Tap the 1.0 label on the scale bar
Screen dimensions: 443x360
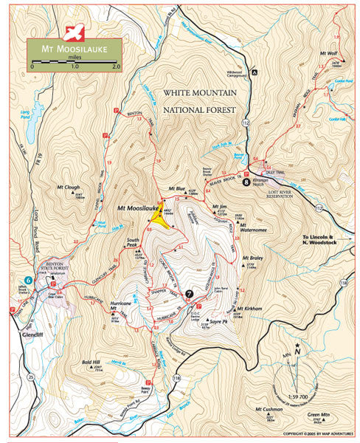[x=74, y=66]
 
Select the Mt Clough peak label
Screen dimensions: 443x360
[x=67, y=188]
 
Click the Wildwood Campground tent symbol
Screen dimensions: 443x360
[x=254, y=72]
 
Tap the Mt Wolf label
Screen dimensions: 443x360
[x=328, y=53]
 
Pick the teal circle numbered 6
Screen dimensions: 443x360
[x=28, y=280]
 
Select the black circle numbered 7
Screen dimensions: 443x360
[x=190, y=294]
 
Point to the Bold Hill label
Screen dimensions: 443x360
[x=91, y=363]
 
